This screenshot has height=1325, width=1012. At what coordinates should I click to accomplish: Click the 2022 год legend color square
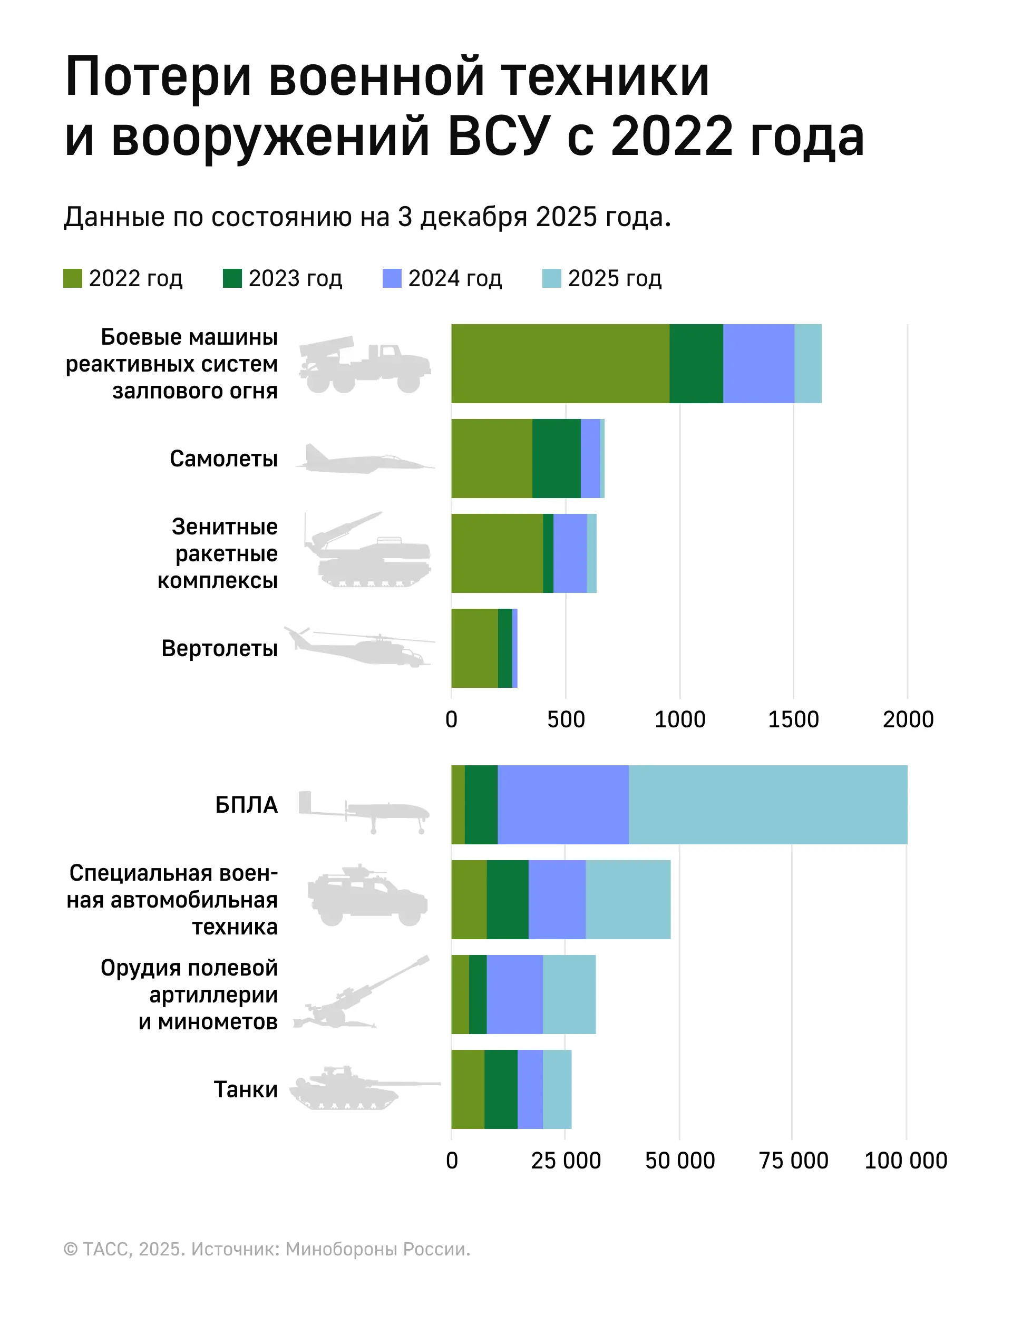click(72, 278)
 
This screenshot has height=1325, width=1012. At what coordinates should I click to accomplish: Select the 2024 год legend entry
click(442, 278)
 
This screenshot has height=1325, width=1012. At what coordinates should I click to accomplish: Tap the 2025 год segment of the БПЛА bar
click(767, 805)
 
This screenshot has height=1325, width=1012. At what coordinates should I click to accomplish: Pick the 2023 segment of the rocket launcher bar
click(696, 363)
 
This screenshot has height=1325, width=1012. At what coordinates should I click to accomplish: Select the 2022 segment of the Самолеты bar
click(492, 459)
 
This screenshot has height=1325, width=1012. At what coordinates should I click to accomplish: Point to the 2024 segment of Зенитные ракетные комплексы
click(570, 553)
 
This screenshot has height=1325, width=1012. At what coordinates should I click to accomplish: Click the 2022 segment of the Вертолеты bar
click(475, 648)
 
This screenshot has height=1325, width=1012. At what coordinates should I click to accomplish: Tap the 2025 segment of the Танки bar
click(557, 1089)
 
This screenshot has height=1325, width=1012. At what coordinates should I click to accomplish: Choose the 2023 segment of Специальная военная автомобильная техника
click(507, 899)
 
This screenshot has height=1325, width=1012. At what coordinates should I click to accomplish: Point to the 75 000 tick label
click(793, 1160)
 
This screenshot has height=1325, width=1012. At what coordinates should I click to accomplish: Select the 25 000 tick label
click(565, 1160)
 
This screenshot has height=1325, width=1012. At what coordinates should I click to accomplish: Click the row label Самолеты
click(223, 459)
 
